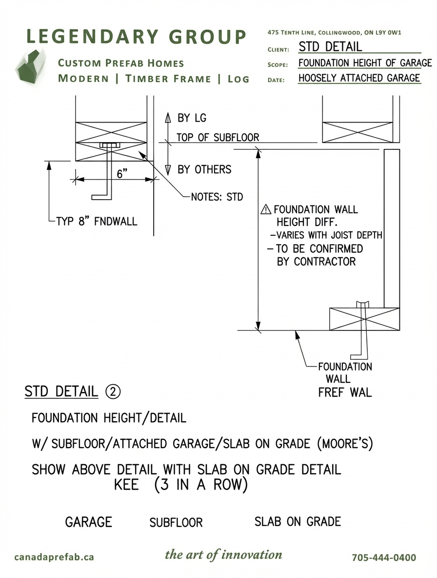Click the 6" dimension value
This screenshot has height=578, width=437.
pyautogui.click(x=122, y=173)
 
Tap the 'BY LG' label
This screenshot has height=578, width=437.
pyautogui.click(x=191, y=118)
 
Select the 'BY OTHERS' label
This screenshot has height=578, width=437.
pyautogui.click(x=204, y=169)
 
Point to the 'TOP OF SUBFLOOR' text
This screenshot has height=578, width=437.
pyautogui.click(x=218, y=138)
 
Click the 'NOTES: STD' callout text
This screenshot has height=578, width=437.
pyautogui.click(x=217, y=197)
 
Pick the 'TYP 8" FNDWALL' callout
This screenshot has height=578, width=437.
pyautogui.click(x=97, y=221)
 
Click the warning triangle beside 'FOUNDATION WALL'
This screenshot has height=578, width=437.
pyautogui.click(x=266, y=210)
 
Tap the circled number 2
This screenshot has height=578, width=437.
pyautogui.click(x=113, y=392)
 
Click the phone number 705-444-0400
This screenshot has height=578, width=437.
pyautogui.click(x=384, y=557)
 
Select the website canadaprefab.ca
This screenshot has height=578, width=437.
pyautogui.click(x=54, y=557)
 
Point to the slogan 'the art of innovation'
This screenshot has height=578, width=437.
pyautogui.click(x=223, y=555)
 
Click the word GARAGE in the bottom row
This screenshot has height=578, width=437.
pyautogui.click(x=88, y=522)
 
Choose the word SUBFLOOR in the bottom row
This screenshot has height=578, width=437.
pyautogui.click(x=176, y=522)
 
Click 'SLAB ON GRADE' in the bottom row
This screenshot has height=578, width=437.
pyautogui.click(x=298, y=521)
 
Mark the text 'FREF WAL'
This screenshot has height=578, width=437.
pyautogui.click(x=344, y=392)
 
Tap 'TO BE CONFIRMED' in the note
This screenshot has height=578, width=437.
pyautogui.click(x=319, y=248)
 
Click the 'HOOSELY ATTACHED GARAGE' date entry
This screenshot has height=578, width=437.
pyautogui.click(x=359, y=78)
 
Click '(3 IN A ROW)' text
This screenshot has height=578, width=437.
pyautogui.click(x=200, y=485)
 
